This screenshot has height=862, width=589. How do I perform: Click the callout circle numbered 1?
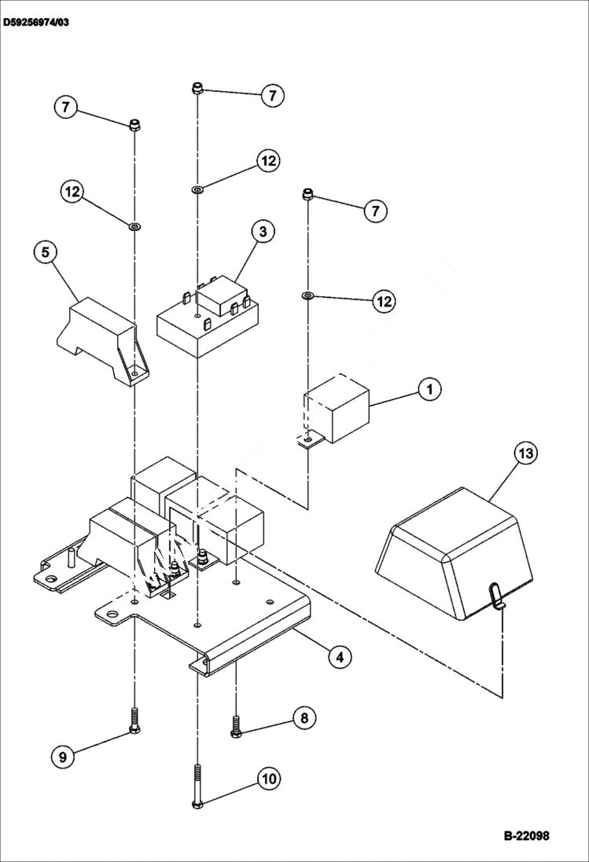[429, 389]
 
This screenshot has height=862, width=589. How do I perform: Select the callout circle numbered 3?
[263, 232]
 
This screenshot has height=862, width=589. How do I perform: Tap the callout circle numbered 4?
[339, 656]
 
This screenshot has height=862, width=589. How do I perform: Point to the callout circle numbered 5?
[46, 252]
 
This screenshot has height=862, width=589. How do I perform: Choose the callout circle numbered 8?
[304, 717]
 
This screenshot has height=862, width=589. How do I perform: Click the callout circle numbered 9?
[64, 757]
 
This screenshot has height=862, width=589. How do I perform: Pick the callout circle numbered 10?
[269, 779]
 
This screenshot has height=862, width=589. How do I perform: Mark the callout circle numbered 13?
[526, 453]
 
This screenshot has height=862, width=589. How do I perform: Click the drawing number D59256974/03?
[36, 23]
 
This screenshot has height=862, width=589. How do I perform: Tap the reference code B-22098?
[527, 835]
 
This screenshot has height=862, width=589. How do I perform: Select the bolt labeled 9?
[134, 720]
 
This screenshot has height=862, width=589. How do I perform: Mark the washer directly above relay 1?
[307, 295]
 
